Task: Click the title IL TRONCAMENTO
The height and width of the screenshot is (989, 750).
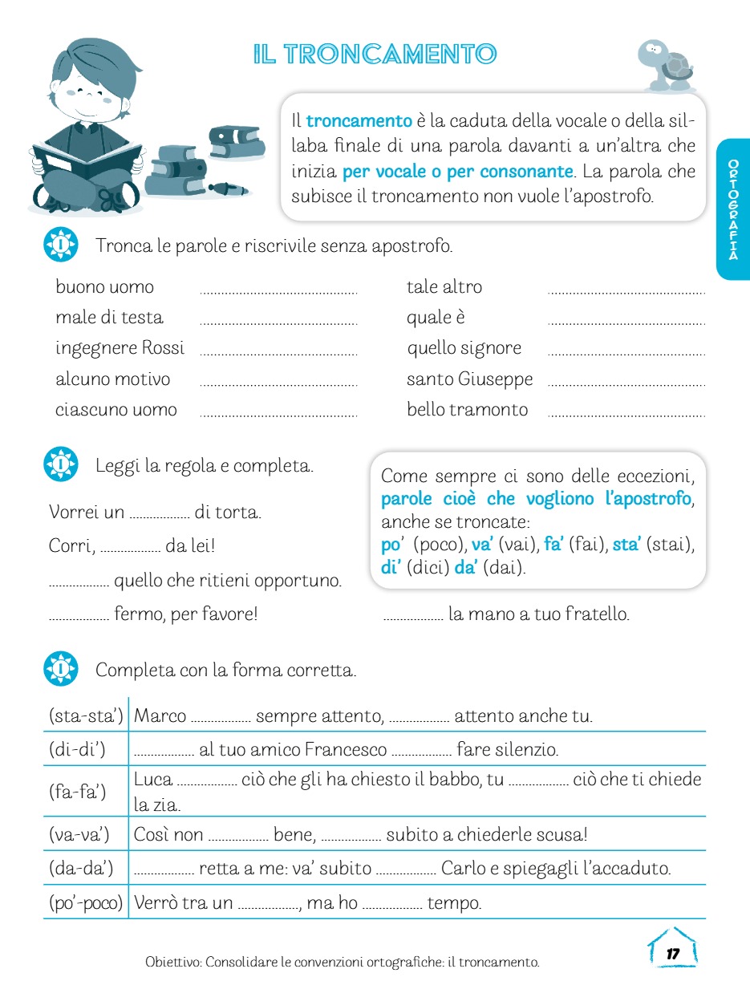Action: [x=375, y=55]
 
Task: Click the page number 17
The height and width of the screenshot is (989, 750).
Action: [x=672, y=953]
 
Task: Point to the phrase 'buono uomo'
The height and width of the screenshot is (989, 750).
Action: [x=104, y=287]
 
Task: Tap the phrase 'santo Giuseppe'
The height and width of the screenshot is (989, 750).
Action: [x=469, y=379]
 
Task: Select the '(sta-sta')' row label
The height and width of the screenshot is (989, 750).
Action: [x=85, y=715]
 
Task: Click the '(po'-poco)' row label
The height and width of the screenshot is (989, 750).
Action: [x=85, y=903]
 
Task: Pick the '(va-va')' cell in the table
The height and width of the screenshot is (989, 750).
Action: [x=85, y=834]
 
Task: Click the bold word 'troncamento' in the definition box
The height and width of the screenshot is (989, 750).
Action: [x=359, y=121]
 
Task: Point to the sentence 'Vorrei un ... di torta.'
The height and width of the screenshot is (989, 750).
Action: [x=156, y=512]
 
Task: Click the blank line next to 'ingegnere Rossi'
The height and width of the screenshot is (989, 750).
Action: [x=278, y=353]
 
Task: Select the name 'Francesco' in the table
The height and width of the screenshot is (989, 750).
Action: [x=346, y=750]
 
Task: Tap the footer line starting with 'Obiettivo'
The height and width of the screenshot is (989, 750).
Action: [x=343, y=961]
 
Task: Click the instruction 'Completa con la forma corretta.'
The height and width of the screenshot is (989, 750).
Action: [x=225, y=670]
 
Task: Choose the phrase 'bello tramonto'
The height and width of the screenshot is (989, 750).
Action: [x=467, y=410]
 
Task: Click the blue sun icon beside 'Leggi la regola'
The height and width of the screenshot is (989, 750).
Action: [x=61, y=464]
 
